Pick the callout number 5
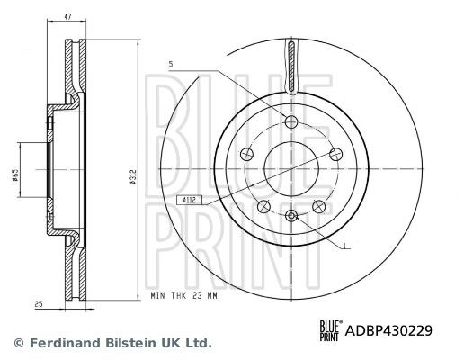[x=170, y=65]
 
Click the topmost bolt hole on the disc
[x=291, y=122]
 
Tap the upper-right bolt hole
[x=335, y=154]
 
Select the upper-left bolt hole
[x=247, y=154]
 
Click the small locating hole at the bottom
[x=291, y=216]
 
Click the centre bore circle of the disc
[x=291, y=168]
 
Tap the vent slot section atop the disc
[x=291, y=67]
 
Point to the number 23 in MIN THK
[x=211, y=295]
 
